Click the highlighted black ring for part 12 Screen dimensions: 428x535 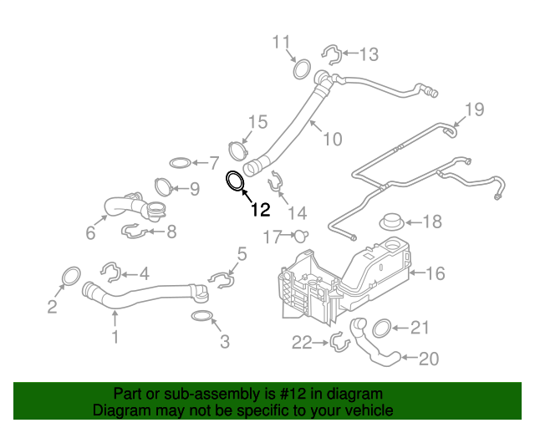[236, 181]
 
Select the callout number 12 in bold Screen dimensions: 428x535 [259, 209]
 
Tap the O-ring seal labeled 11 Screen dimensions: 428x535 [302, 67]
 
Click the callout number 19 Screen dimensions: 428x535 [474, 109]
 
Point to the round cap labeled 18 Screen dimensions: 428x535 [391, 223]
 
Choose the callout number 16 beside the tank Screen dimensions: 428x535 [436, 273]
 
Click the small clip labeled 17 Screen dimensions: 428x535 [301, 236]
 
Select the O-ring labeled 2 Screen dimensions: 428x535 [71, 276]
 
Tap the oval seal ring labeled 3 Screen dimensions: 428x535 [202, 317]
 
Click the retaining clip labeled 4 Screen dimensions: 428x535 [109, 271]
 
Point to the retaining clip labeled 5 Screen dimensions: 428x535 [219, 277]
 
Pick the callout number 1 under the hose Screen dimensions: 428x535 [115, 337]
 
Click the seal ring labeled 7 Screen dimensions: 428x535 [179, 161]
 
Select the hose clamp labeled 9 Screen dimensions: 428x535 [164, 186]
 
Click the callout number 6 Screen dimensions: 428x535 [90, 233]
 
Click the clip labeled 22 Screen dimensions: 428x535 [339, 341]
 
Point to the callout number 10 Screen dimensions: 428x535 [332, 139]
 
